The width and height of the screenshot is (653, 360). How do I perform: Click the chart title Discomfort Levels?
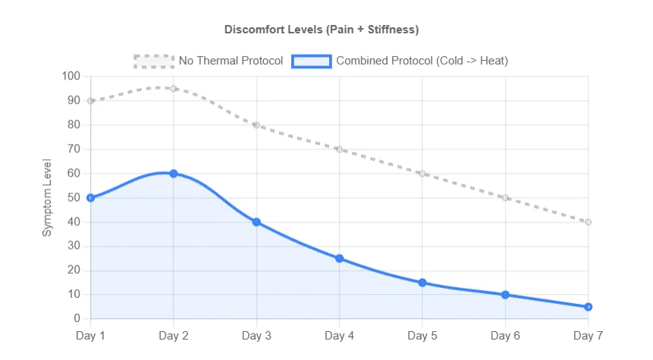tap(322, 30)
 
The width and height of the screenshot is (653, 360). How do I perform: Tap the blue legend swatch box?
tap(311, 61)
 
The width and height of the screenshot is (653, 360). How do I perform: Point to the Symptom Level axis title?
tap(47, 198)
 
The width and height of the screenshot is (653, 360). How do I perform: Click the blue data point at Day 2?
tap(174, 174)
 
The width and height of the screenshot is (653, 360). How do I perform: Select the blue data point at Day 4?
tap(339, 258)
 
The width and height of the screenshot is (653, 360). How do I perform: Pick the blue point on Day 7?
tap(588, 307)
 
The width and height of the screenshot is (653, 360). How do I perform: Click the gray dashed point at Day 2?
tap(174, 89)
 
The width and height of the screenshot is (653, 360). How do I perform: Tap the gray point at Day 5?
tap(422, 174)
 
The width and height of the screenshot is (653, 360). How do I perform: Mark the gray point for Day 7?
tap(588, 222)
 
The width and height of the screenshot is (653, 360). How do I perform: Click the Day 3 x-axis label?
tap(256, 335)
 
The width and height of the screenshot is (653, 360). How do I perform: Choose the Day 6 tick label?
tap(505, 335)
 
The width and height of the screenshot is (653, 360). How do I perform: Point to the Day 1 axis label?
tap(91, 335)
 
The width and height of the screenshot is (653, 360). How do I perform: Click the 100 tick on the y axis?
tap(71, 77)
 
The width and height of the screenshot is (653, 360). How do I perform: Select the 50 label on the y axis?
tap(74, 198)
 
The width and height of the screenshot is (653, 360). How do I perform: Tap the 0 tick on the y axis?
tap(77, 319)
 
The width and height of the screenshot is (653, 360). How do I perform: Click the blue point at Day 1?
tap(91, 198)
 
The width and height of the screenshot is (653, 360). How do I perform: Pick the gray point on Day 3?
tap(256, 125)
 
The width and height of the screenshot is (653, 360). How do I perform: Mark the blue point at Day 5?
tap(422, 283)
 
